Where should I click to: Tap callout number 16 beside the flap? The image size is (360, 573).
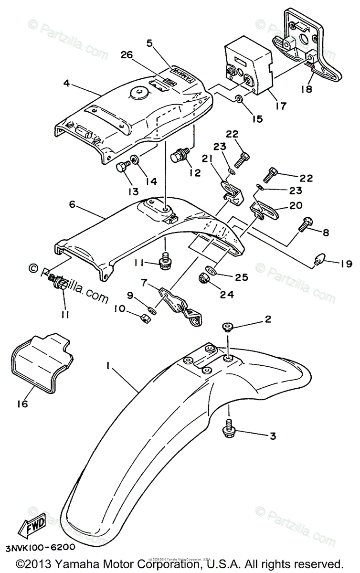(22, 403)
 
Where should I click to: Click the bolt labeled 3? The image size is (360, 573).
(229, 427)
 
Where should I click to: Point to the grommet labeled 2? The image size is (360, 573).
(227, 328)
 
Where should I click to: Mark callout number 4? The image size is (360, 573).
(66, 84)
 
